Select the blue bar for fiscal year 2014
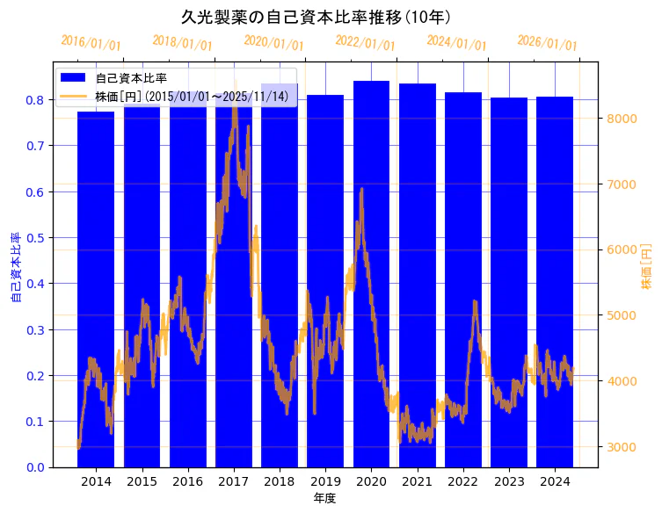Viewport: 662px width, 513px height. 96,290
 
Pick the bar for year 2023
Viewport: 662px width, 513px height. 509,282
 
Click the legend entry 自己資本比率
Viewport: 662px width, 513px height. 131,78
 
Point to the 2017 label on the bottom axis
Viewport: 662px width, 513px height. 234,482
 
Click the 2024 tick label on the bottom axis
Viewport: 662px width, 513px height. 555,482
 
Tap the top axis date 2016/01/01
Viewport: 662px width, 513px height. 91,43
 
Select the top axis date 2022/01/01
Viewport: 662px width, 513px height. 365,43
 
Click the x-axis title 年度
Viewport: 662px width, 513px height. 324,498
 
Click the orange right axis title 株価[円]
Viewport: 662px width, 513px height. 646,267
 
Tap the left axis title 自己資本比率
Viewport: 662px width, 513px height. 15,267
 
